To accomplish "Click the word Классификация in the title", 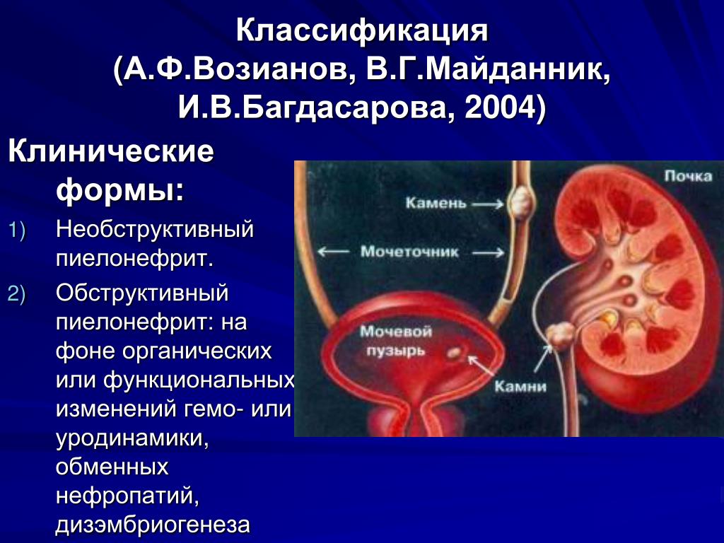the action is [x=362, y=31].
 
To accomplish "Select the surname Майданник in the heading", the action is [x=513, y=70].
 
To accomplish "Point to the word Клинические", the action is [x=111, y=151].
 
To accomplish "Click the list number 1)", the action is [x=17, y=230].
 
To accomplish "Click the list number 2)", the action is [x=17, y=294].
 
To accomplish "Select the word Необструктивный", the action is [x=155, y=229].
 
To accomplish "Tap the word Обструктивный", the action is [x=142, y=293].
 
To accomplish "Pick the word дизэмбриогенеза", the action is [x=153, y=525].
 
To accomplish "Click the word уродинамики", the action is [x=132, y=438].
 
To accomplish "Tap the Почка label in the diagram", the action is [x=688, y=176].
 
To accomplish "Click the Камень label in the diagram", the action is [x=436, y=204].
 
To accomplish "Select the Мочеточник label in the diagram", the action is [x=409, y=252].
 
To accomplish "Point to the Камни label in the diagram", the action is [x=520, y=386].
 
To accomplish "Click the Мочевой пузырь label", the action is [x=396, y=341].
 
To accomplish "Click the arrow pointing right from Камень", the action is [x=488, y=204].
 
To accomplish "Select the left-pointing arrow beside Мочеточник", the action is [x=334, y=252].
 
